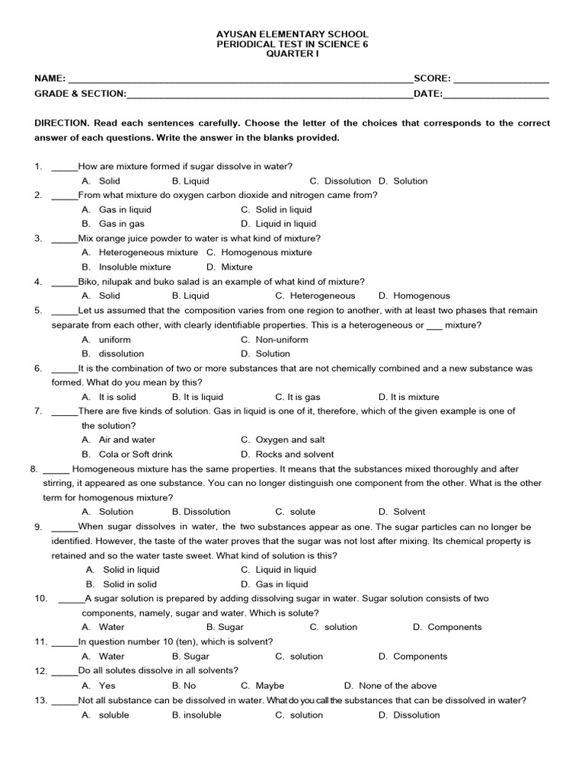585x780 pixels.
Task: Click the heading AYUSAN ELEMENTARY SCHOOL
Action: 292,34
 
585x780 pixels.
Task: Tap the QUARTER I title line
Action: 292,56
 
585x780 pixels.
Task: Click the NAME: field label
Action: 50,78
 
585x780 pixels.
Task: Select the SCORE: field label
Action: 432,78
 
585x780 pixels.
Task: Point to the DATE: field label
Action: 427,94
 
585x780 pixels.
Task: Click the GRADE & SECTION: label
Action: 80,94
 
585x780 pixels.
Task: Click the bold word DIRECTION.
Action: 62,123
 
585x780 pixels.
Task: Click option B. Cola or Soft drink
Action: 126,454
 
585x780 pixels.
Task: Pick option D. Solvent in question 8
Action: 401,512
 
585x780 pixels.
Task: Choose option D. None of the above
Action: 388,686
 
